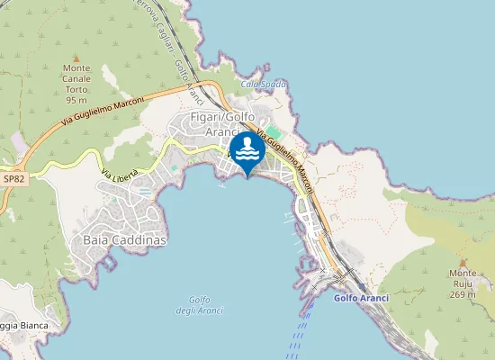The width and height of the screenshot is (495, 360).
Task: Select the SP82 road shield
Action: [x=13, y=179]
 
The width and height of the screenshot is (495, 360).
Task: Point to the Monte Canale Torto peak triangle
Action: [x=76, y=58]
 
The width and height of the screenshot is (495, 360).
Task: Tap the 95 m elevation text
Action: [x=76, y=99]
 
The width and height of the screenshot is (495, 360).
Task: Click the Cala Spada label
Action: [x=264, y=84]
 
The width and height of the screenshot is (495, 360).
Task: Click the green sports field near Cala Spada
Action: [x=272, y=131]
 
